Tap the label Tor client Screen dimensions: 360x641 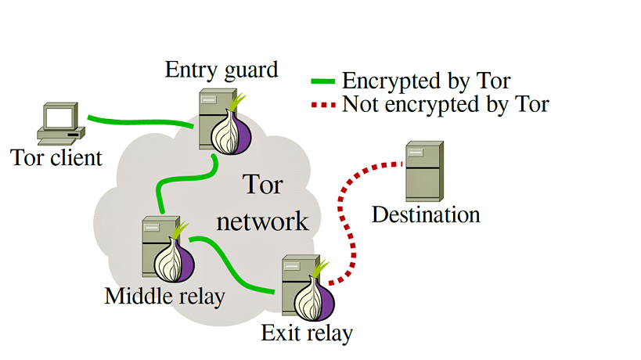point(56,158)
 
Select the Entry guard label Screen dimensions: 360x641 point(221,70)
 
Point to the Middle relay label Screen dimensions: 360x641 point(164,296)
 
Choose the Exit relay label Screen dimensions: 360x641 point(307,334)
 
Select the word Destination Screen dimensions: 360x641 point(426,214)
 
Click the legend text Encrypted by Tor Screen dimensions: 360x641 point(427,81)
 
